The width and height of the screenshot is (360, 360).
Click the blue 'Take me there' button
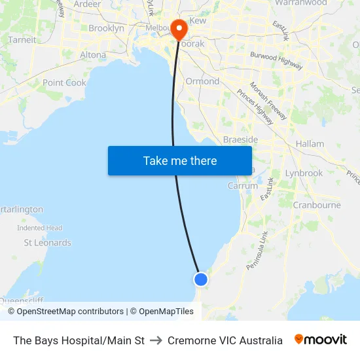click(x=180, y=160)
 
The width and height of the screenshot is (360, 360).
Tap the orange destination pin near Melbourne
click(x=178, y=29)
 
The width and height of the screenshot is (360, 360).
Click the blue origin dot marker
click(x=200, y=279)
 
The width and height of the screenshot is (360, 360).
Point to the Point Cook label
click(x=64, y=83)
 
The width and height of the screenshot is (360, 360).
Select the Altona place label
click(x=93, y=55)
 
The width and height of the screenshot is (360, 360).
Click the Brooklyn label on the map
click(x=106, y=28)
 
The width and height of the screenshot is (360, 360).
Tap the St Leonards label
click(x=48, y=243)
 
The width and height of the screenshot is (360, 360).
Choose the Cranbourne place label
click(x=317, y=205)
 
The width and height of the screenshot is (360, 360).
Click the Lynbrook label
click(x=304, y=173)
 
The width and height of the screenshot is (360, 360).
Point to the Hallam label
click(x=310, y=144)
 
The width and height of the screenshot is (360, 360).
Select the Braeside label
click(x=240, y=140)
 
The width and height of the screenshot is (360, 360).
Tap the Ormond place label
click(x=202, y=81)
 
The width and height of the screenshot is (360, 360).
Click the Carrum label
click(x=243, y=186)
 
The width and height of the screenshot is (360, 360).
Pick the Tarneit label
click(x=22, y=40)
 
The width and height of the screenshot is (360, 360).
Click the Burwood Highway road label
click(x=276, y=60)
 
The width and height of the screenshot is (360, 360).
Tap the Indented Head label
click(x=39, y=228)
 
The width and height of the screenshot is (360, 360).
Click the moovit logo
click(x=321, y=340)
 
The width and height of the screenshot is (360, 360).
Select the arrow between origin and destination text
click(x=156, y=340)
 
